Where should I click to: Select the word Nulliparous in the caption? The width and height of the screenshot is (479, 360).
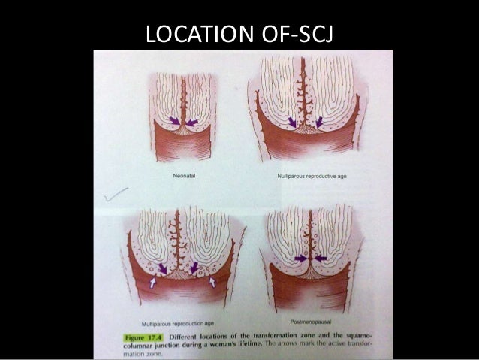[x=293, y=176]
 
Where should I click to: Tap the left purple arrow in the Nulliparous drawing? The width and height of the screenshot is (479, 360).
[x=291, y=121]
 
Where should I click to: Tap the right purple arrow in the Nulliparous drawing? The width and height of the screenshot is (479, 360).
[x=319, y=121]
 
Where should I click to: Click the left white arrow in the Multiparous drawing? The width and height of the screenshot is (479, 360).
[x=153, y=283]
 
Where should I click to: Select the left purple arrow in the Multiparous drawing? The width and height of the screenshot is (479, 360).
[x=163, y=268]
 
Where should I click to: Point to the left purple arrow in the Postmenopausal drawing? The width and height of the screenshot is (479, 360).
[x=301, y=259]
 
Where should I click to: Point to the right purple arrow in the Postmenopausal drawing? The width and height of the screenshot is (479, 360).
[x=321, y=259]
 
